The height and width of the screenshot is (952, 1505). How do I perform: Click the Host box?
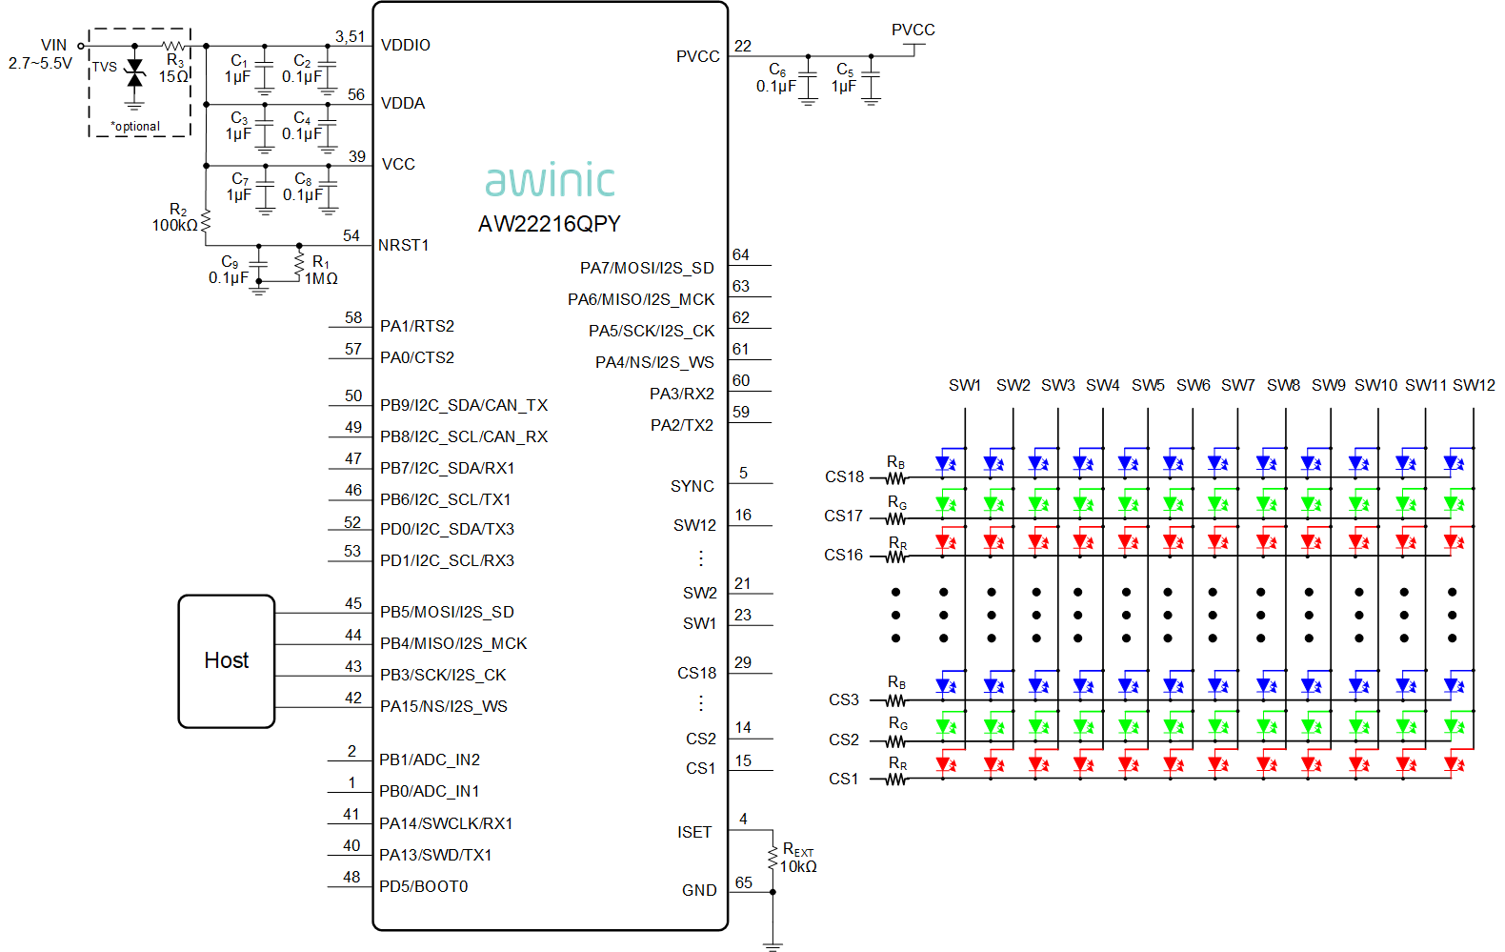227,661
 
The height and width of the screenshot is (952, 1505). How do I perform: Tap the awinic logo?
550,179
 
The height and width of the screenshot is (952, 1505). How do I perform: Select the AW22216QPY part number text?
549,224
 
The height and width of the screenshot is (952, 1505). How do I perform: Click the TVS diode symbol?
135,73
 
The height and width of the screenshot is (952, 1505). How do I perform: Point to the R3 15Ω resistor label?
174,69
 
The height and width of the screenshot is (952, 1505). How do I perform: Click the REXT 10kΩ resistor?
773,859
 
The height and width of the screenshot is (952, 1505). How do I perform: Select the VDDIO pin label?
405,45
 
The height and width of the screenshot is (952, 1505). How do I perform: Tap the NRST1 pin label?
403,246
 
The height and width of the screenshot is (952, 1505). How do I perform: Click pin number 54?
351,235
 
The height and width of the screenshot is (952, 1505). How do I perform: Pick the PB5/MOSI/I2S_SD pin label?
447,612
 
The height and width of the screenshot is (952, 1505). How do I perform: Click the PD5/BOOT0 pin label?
423,886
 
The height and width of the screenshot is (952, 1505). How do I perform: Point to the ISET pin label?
694,832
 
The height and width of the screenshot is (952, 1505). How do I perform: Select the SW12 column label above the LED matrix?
1474,385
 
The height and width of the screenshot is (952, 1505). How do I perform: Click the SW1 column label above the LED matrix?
965,385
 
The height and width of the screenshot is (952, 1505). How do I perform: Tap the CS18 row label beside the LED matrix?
844,476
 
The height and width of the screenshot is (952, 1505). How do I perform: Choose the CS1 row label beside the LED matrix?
843,779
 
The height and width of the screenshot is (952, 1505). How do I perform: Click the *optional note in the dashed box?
135,127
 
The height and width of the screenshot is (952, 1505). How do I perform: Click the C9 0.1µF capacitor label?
229,270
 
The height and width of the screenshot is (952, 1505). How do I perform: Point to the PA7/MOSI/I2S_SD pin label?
647,268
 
